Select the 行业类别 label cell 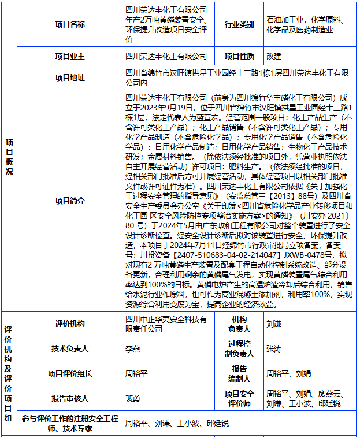(239, 24)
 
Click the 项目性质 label (239, 56)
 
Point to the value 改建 (274, 56)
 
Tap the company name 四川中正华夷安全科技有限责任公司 (166, 324)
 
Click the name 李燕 (133, 349)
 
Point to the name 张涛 (274, 349)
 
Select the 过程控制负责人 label (239, 349)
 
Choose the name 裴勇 (133, 398)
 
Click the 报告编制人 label (239, 373)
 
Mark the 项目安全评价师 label (239, 398)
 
